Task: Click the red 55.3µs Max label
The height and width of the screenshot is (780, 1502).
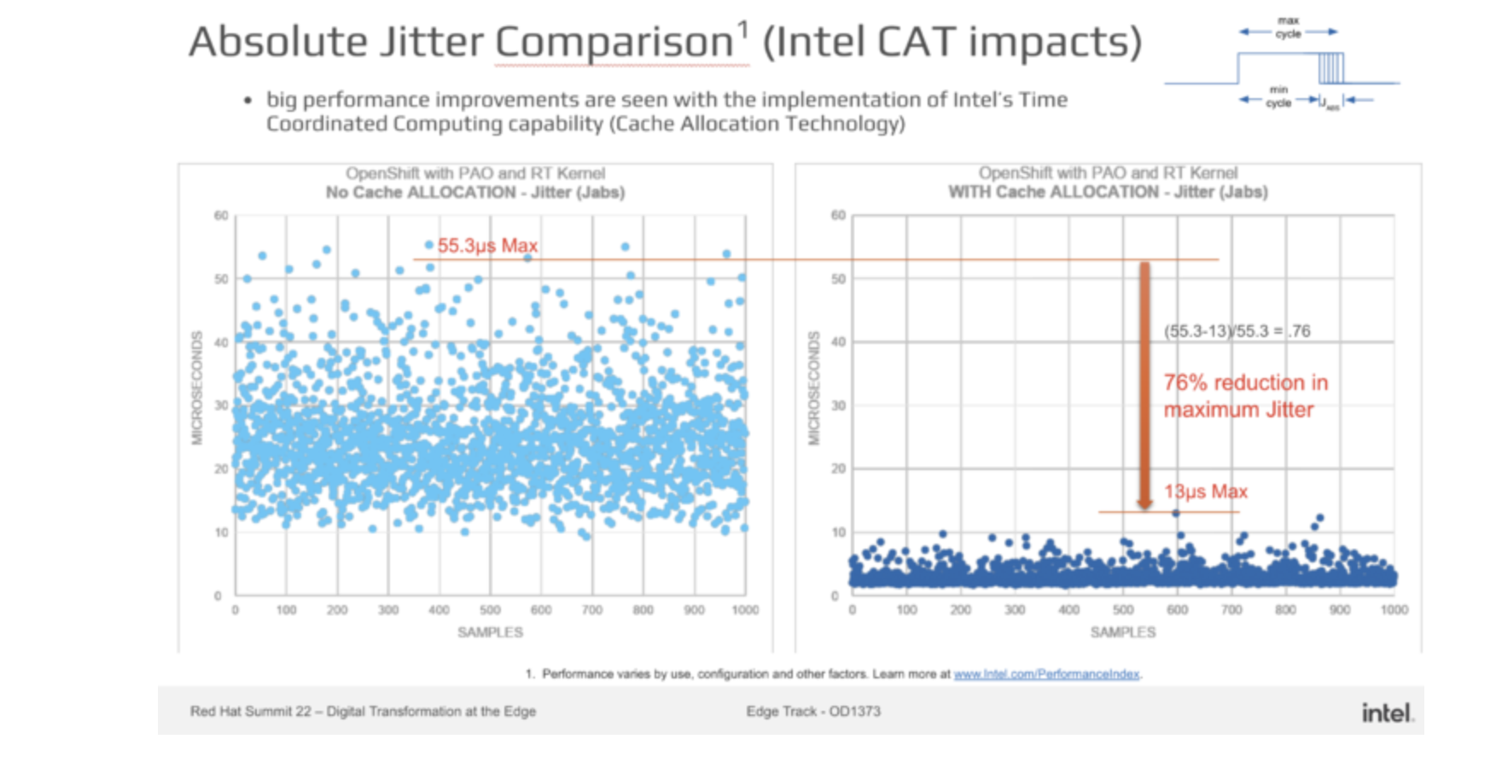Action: pyautogui.click(x=487, y=246)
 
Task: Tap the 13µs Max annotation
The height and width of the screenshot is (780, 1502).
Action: pyautogui.click(x=1205, y=492)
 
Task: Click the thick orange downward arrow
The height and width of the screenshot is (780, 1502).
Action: pyautogui.click(x=1144, y=384)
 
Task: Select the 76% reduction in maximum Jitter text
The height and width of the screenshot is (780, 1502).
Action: pyautogui.click(x=1245, y=396)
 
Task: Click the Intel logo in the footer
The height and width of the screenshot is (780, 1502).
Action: pyautogui.click(x=1387, y=713)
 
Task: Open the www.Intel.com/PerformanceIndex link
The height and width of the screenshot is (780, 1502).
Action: pyautogui.click(x=1046, y=674)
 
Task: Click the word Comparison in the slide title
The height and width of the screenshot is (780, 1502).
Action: pyautogui.click(x=614, y=42)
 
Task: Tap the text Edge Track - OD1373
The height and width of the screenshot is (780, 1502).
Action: pyautogui.click(x=812, y=711)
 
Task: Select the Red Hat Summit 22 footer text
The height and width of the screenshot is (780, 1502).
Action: pyautogui.click(x=363, y=711)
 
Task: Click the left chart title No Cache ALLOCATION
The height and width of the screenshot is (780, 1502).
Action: pyautogui.click(x=475, y=193)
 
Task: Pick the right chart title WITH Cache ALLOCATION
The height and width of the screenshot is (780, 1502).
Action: pyautogui.click(x=1108, y=193)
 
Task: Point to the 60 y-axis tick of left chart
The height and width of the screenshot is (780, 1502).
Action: pyautogui.click(x=221, y=216)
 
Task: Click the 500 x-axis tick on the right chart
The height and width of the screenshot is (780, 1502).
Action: pyautogui.click(x=1123, y=610)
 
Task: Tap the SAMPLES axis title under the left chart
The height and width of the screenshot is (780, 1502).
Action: pyautogui.click(x=490, y=632)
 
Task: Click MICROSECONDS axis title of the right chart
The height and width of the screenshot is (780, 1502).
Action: pyautogui.click(x=813, y=388)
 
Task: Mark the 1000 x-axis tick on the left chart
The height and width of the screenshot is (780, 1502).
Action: pyautogui.click(x=745, y=610)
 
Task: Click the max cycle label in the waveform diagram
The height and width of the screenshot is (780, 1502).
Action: pyautogui.click(x=1288, y=27)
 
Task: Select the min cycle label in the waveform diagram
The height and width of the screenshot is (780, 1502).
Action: pyautogui.click(x=1278, y=96)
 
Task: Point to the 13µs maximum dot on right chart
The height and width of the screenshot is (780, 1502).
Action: pyautogui.click(x=1176, y=513)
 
